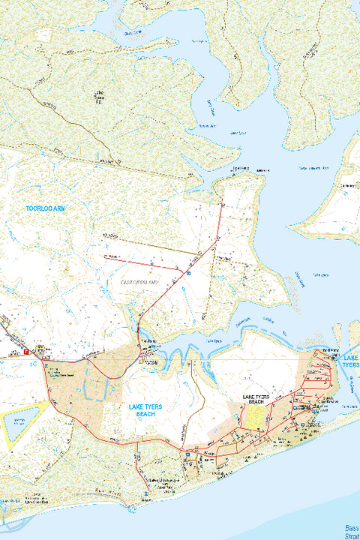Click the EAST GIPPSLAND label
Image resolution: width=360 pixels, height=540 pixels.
click(140, 282)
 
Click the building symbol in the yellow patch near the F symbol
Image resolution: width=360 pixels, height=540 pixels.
click(40, 349)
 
